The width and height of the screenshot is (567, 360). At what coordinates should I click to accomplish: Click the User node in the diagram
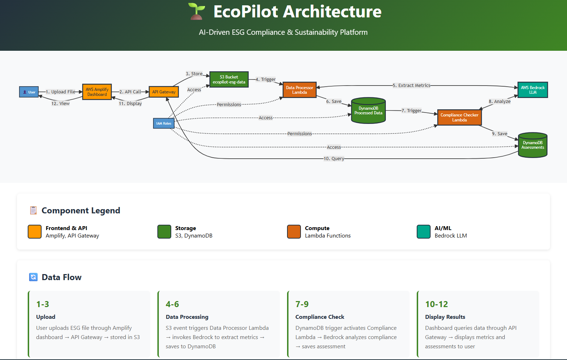[x=29, y=92]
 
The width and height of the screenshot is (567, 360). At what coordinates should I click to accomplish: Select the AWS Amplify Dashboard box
[x=97, y=92]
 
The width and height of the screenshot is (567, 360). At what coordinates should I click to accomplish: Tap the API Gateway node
[x=164, y=92]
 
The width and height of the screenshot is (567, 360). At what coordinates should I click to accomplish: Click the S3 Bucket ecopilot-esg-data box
[x=229, y=80]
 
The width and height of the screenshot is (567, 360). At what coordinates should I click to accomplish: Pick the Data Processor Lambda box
[x=299, y=90]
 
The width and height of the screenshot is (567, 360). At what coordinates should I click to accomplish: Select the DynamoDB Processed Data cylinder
[x=368, y=111]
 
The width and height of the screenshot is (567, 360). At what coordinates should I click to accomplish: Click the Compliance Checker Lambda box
[x=459, y=118]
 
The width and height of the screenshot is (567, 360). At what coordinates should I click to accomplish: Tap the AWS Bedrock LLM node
[x=533, y=90]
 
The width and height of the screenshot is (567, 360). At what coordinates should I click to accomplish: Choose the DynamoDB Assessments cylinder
[x=533, y=145]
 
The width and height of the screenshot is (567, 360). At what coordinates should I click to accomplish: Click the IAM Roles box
[x=164, y=124]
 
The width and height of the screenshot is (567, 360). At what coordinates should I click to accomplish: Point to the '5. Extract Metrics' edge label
[x=411, y=86]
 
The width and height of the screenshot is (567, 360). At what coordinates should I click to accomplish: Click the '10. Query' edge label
[x=334, y=159]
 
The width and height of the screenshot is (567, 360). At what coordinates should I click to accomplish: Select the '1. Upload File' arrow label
[x=60, y=92]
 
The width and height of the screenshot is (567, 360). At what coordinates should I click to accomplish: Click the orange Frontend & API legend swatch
[x=35, y=231]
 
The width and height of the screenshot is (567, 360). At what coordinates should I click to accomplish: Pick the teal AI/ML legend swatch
[x=423, y=231]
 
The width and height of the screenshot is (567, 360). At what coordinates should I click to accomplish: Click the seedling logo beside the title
[x=196, y=11]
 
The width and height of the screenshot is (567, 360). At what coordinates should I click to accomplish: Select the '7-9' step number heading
[x=302, y=304]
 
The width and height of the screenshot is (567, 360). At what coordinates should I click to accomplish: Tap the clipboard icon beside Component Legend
[x=33, y=211]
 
